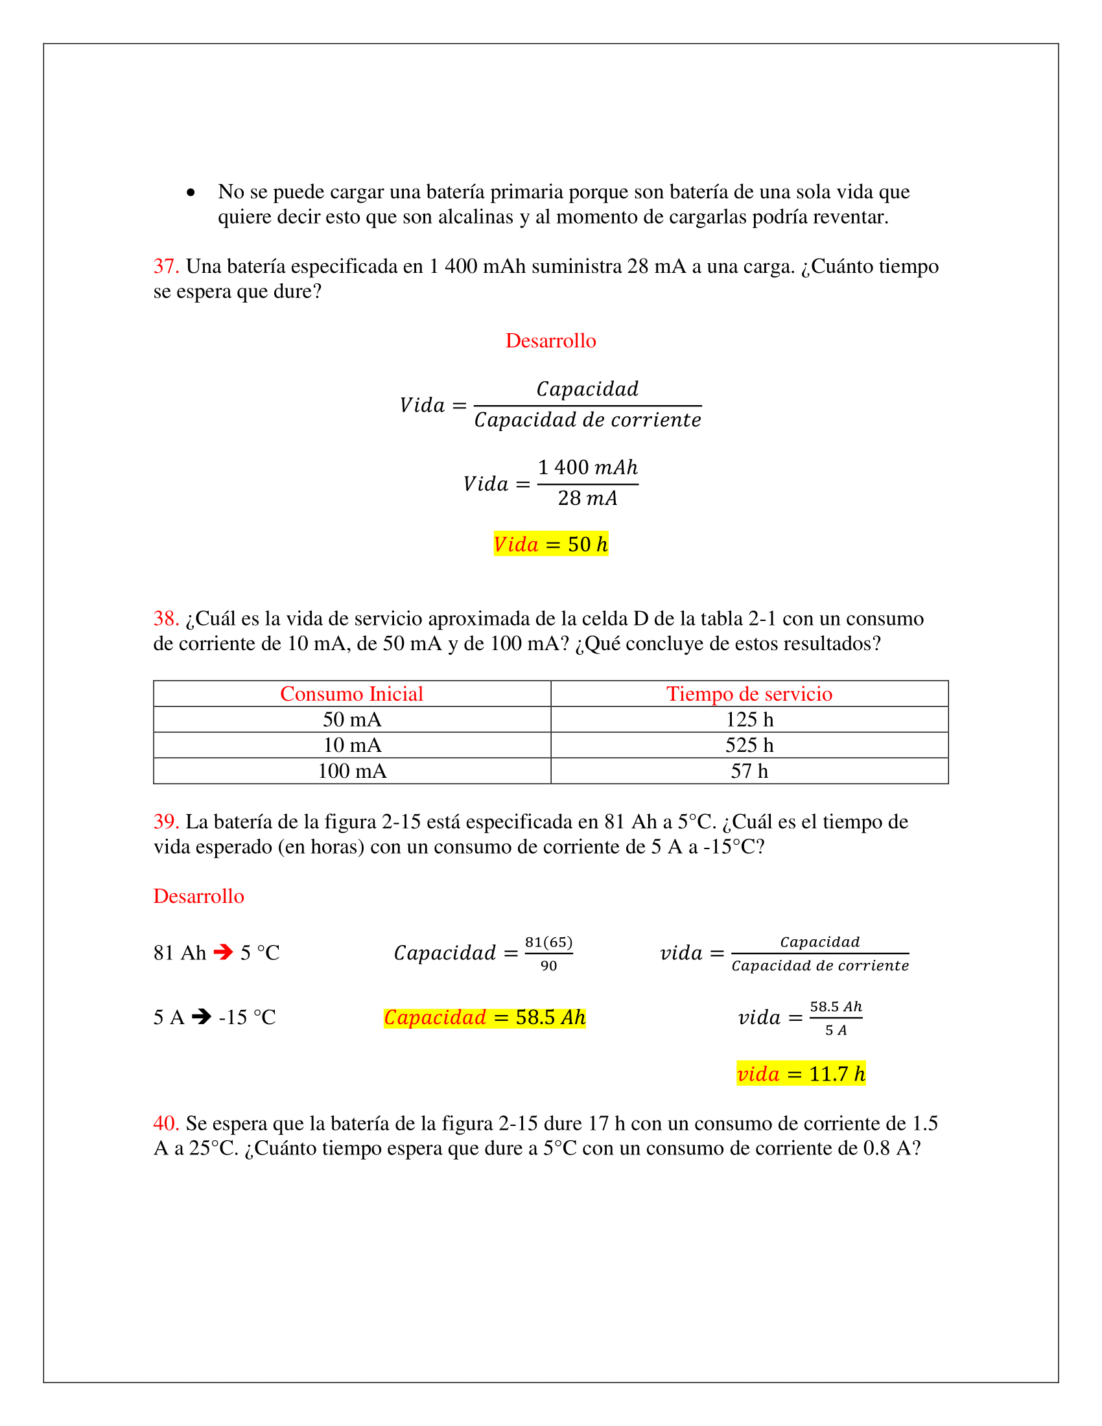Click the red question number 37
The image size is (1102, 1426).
pyautogui.click(x=166, y=266)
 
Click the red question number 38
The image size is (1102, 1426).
pyautogui.click(x=166, y=618)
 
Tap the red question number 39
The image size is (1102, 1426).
pyautogui.click(x=166, y=821)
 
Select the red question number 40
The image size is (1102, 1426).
pyautogui.click(x=166, y=1123)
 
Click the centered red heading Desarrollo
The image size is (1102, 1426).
pyautogui.click(x=550, y=341)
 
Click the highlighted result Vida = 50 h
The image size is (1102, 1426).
pyautogui.click(x=550, y=544)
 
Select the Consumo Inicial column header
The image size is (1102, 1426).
pyautogui.click(x=351, y=694)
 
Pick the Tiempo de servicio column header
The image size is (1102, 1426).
pyautogui.click(x=749, y=694)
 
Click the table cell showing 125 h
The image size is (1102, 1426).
pyautogui.click(x=749, y=719)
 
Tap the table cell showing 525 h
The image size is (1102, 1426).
pyautogui.click(x=749, y=745)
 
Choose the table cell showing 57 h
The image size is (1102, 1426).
pyautogui.click(x=749, y=771)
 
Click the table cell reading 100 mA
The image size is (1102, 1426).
pyautogui.click(x=352, y=771)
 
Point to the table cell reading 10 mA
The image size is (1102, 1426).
pyautogui.click(x=352, y=745)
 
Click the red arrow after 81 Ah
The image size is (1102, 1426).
pyautogui.click(x=223, y=952)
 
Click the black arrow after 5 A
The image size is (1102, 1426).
pyautogui.click(x=202, y=1016)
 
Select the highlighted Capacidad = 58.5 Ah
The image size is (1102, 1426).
pyautogui.click(x=484, y=1017)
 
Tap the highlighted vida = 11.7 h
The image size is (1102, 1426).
pyautogui.click(x=801, y=1074)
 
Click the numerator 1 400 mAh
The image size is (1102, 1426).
pyautogui.click(x=587, y=467)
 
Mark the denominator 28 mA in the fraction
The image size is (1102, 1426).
pyautogui.click(x=587, y=498)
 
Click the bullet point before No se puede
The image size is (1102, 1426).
pyautogui.click(x=191, y=193)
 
